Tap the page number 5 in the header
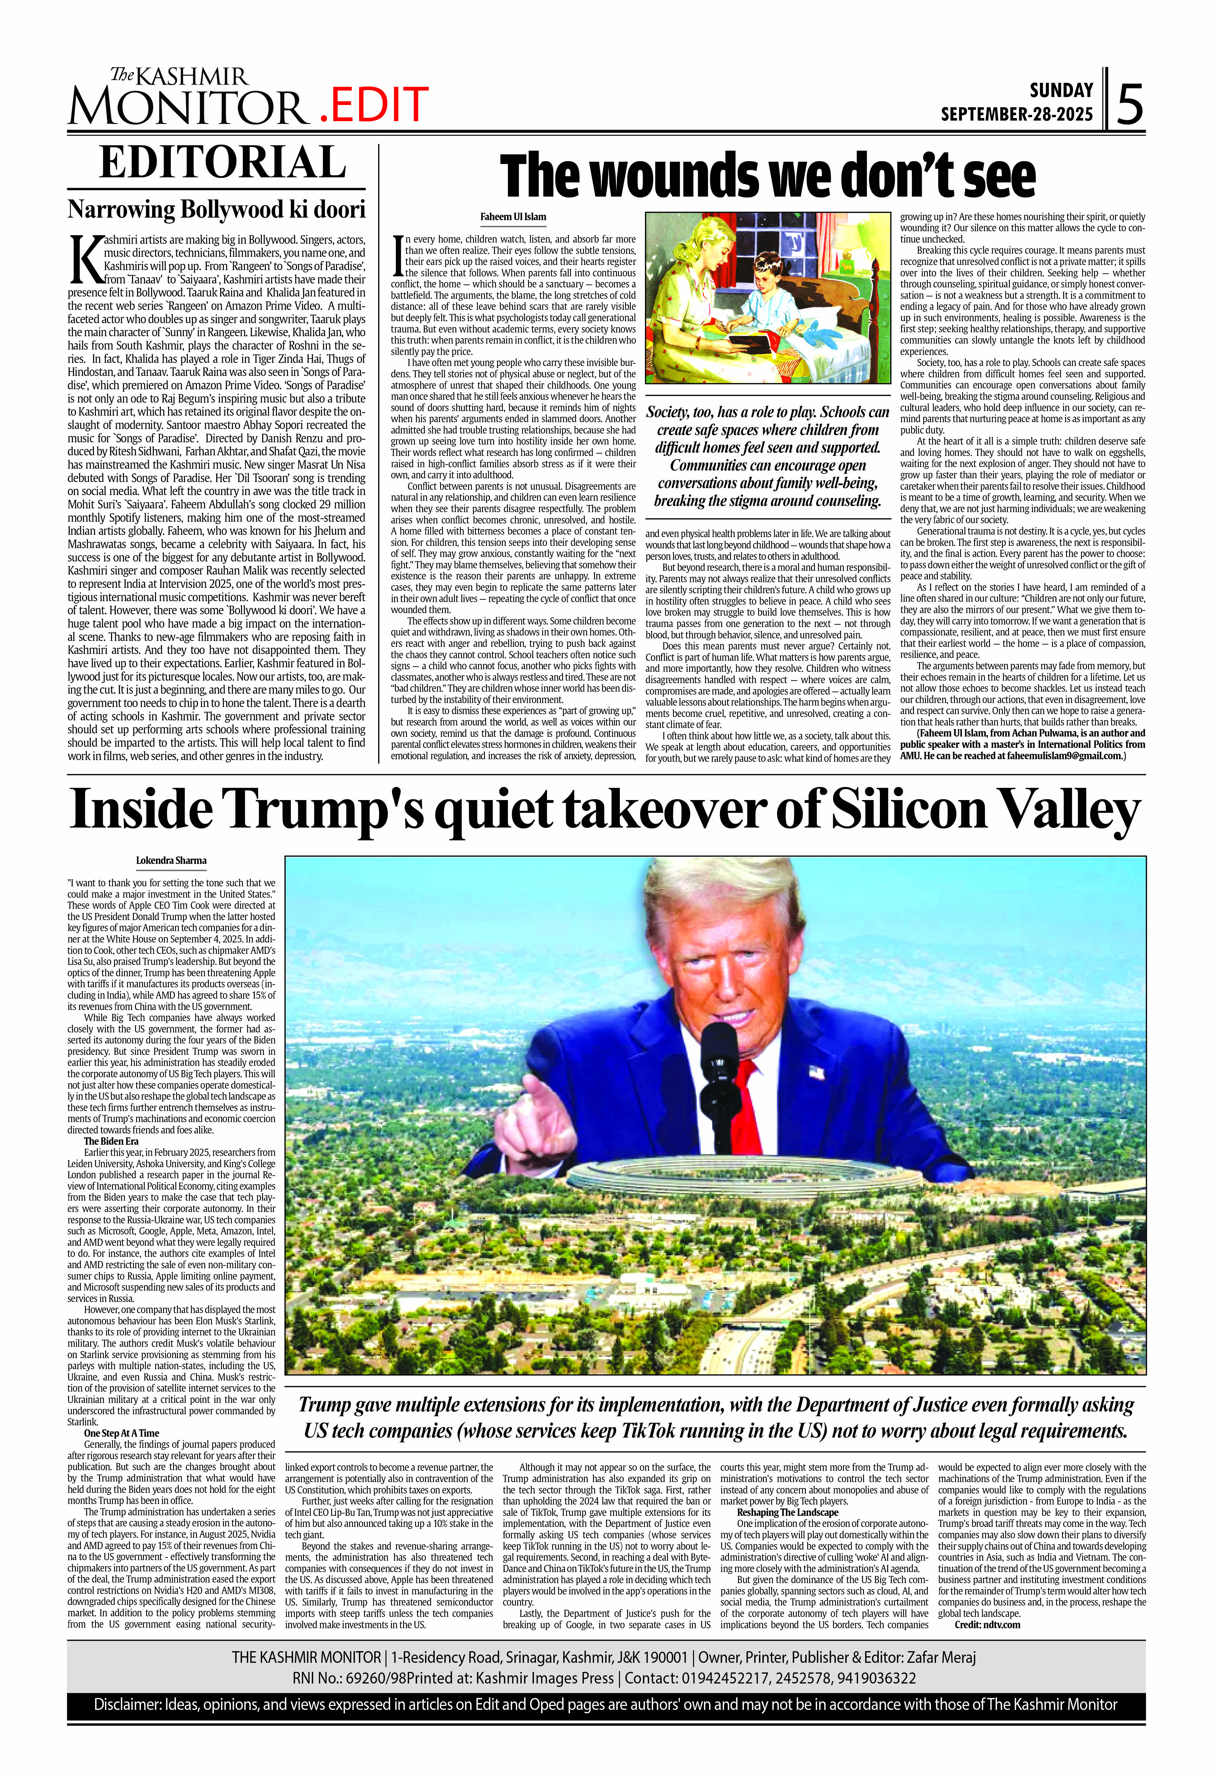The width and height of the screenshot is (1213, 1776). click(x=1130, y=105)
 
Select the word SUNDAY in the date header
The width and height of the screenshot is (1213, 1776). click(x=1061, y=90)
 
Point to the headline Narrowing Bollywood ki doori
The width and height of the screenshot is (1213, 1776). click(x=216, y=209)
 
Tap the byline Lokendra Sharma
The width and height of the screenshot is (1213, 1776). click(x=171, y=860)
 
